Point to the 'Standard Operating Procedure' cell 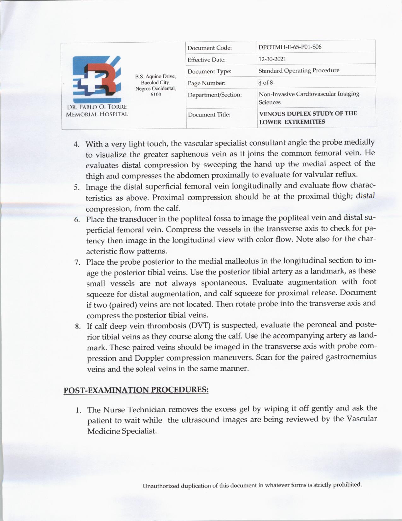[299, 70]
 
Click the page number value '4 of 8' [265, 83]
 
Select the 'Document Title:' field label [209, 115]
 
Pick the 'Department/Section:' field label [214, 95]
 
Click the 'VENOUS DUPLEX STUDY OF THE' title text [308, 114]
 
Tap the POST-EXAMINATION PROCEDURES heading [136, 390]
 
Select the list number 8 [78, 326]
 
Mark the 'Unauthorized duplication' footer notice [252, 485]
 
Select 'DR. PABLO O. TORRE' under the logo [96, 107]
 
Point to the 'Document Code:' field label [209, 48]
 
